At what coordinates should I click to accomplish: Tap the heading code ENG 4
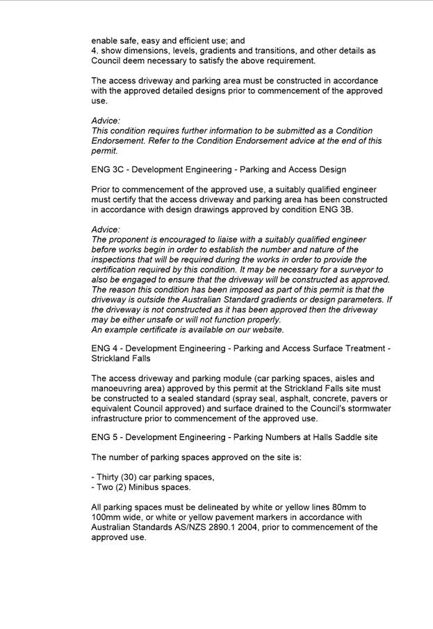(x=105, y=349)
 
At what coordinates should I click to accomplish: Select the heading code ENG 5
(x=105, y=437)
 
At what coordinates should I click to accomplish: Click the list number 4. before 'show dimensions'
(x=95, y=51)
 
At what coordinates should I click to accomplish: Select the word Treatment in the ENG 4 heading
(x=363, y=349)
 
